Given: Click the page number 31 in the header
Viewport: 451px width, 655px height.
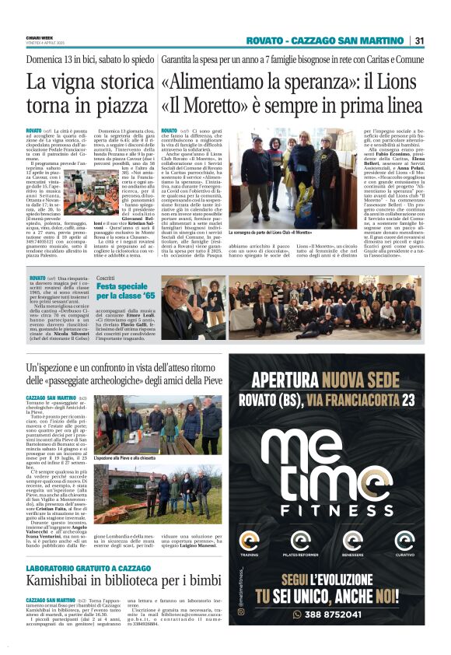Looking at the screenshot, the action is click(419, 40).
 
